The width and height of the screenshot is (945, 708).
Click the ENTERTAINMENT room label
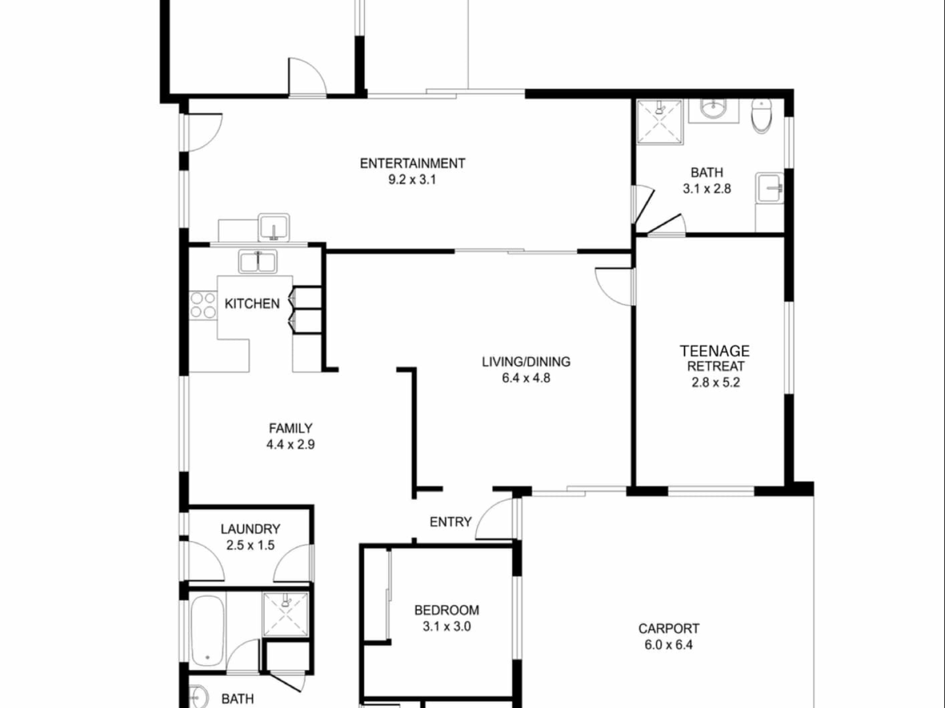(412, 163)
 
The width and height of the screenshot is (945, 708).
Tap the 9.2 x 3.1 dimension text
(412, 179)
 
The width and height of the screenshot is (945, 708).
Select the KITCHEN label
(252, 304)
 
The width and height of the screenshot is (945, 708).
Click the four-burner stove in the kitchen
(203, 305)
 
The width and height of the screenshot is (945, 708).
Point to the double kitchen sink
(257, 262)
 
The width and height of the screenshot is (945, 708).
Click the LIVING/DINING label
(526, 362)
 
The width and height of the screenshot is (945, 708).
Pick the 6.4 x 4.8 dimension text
(526, 378)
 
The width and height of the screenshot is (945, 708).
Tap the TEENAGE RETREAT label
(715, 358)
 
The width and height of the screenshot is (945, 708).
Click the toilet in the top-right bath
(761, 116)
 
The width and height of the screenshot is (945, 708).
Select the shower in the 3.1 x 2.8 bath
(660, 122)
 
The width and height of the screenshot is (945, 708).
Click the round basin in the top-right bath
(713, 109)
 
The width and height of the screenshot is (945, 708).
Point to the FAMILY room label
(290, 428)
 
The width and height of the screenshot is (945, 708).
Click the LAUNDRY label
(251, 529)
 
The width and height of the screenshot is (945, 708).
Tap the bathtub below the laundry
(208, 631)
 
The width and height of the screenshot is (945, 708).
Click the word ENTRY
(450, 522)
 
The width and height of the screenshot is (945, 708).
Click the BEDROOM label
(447, 610)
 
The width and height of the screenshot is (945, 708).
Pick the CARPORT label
(669, 628)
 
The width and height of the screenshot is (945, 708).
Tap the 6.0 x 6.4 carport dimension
(669, 645)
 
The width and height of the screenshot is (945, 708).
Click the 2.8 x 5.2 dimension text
(716, 383)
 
